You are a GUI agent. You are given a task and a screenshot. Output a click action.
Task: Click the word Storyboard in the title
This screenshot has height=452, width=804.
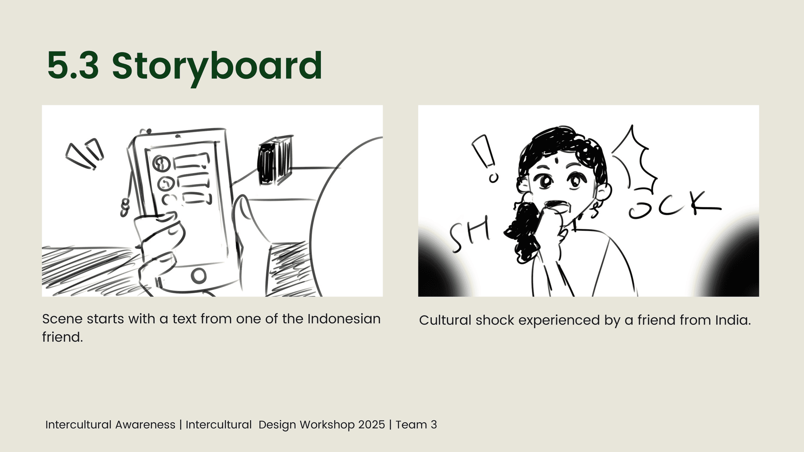tap(217, 67)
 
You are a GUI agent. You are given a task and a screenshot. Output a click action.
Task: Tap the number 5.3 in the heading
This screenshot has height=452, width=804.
tap(73, 65)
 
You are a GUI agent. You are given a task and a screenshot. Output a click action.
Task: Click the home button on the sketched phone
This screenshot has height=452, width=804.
tap(199, 276)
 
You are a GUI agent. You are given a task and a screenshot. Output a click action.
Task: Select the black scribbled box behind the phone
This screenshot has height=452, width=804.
tap(275, 160)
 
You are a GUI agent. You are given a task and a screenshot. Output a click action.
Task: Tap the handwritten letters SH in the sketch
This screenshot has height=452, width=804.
tap(470, 235)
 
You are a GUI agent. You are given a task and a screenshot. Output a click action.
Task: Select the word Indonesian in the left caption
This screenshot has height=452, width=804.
tap(344, 319)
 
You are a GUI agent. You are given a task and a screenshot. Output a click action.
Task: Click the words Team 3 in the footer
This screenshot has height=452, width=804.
tap(416, 425)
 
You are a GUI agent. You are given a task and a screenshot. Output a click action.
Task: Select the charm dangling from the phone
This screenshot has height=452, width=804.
tap(125, 207)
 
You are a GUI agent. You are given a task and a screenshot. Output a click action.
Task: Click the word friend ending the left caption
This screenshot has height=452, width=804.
tap(62, 337)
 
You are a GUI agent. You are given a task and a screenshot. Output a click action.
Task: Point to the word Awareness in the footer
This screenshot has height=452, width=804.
tap(145, 425)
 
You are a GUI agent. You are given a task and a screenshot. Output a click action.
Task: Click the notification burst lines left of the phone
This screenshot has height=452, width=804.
tap(85, 154)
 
